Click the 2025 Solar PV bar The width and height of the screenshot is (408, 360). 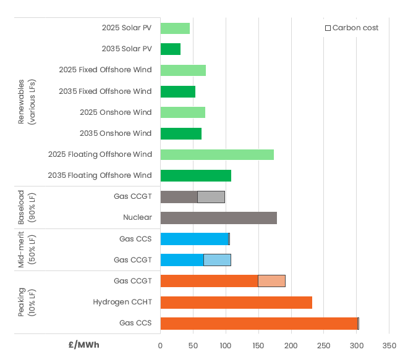tap(175, 28)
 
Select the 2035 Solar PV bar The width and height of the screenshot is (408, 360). tap(170, 49)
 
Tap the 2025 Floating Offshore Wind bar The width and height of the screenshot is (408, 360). tap(217, 154)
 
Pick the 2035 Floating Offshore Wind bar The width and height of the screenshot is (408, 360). tap(195, 175)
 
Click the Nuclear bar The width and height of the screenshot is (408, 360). tap(218, 218)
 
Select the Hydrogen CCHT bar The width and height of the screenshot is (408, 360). tap(236, 303)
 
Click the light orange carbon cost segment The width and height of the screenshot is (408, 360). tap(271, 281)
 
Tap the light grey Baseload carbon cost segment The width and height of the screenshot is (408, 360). tap(211, 197)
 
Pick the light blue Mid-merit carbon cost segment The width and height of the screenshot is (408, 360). tap(217, 260)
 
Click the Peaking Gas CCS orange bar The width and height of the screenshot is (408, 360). tap(258, 324)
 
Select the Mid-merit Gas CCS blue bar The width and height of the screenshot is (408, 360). tap(194, 239)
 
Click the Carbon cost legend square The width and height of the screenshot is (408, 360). tap(328, 28)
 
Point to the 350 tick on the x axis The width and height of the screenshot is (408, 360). tap(389, 345)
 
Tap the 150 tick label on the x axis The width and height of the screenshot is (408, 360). tap(258, 345)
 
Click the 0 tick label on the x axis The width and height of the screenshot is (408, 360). tap(160, 345)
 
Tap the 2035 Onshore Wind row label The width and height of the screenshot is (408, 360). tap(116, 133)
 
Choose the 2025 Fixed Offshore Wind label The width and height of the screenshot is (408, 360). tap(105, 70)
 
